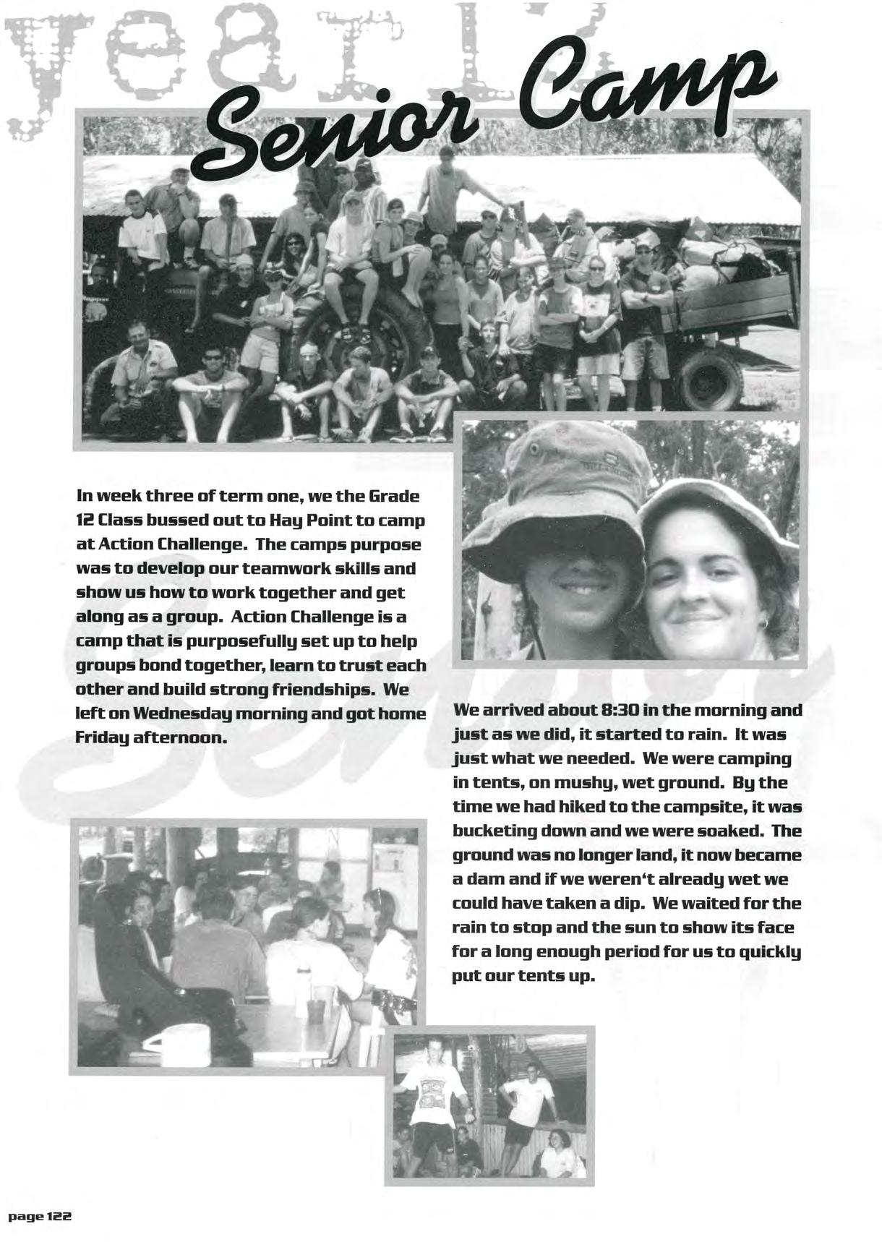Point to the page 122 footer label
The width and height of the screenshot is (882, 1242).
pos(40,1217)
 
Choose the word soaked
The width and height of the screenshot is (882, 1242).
pos(727,831)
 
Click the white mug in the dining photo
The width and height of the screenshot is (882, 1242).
pos(163,1042)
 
